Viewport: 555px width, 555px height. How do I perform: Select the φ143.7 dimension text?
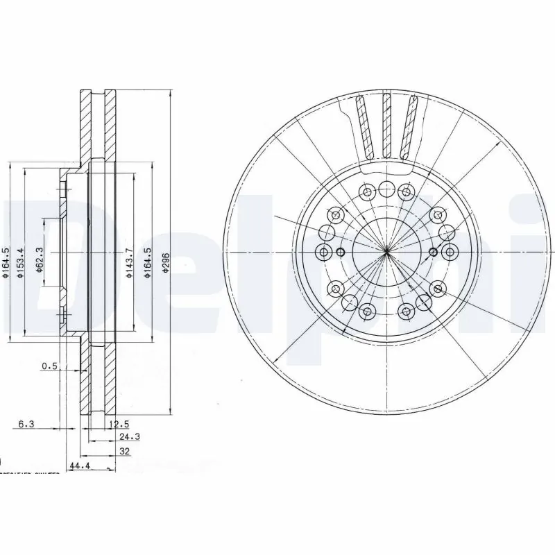(x=128, y=264)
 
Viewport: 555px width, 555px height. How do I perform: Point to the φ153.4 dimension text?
(x=22, y=264)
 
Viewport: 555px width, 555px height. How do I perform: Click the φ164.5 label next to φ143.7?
(x=146, y=264)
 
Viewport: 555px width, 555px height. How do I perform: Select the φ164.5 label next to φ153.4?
(x=5, y=264)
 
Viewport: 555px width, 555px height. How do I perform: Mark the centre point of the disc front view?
(x=386, y=252)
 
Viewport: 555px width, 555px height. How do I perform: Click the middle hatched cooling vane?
(x=387, y=125)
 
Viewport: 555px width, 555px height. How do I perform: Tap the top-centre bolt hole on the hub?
(x=386, y=188)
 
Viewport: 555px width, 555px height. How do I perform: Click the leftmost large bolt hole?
(x=323, y=252)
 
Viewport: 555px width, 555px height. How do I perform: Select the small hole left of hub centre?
(x=340, y=252)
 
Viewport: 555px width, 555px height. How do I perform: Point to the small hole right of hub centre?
(x=434, y=252)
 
